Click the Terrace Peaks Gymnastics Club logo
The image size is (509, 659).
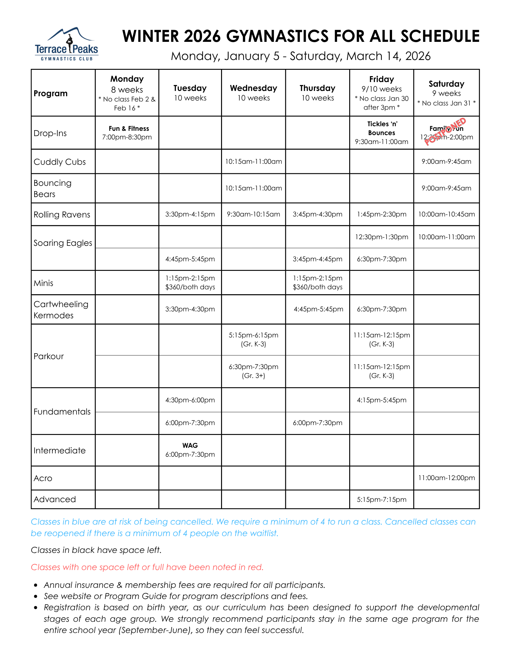pyautogui.click(x=67, y=44)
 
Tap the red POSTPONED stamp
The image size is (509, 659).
pyautogui.click(x=445, y=131)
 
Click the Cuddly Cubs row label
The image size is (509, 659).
pyautogui.click(x=60, y=162)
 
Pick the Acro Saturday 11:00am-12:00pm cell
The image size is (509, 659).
pyautogui.click(x=446, y=478)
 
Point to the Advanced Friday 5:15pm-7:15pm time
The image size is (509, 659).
pyautogui.click(x=382, y=500)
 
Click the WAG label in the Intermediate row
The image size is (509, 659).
pyautogui.click(x=190, y=445)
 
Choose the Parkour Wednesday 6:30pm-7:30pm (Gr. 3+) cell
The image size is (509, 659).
pyautogui.click(x=253, y=371)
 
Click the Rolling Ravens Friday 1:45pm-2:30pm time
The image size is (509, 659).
pyautogui.click(x=382, y=214)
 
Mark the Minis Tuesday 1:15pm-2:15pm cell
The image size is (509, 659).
pyautogui.click(x=190, y=282)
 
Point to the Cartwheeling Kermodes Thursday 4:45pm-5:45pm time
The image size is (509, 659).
pyautogui.click(x=318, y=309)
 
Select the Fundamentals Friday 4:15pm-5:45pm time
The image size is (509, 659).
pyautogui.click(x=382, y=400)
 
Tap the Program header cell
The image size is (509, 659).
pyautogui.click(x=50, y=94)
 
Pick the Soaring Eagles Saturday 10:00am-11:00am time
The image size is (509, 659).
pyautogui.click(x=446, y=237)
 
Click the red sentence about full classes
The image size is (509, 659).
pyautogui.click(x=147, y=567)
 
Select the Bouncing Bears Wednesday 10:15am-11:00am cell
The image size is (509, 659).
pyautogui.click(x=253, y=188)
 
